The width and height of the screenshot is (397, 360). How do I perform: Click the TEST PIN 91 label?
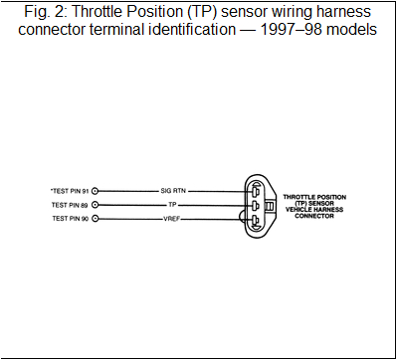69,189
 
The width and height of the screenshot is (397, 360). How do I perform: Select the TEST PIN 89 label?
70,205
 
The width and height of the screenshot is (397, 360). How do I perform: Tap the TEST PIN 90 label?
70,218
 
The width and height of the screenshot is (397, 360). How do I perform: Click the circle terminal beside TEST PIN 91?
97,189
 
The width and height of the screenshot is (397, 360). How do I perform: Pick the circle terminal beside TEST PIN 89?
97,205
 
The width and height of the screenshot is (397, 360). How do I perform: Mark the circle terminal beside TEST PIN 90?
97,218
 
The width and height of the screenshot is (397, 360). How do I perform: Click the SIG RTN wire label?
173,189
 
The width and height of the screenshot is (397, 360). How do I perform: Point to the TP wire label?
172,205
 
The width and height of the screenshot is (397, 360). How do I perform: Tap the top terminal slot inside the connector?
255,189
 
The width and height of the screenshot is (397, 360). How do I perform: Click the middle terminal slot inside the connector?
255,206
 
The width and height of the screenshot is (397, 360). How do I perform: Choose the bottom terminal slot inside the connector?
255,222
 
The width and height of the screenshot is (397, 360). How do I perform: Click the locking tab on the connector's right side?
269,206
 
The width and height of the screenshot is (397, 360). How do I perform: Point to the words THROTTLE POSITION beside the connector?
317,197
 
